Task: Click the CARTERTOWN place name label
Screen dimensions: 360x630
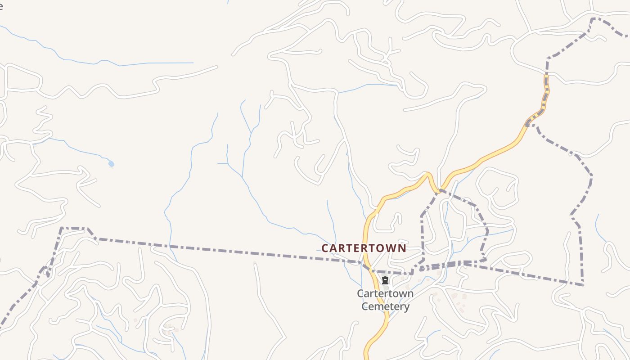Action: [x=364, y=248]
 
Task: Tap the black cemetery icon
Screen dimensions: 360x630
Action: [x=385, y=280]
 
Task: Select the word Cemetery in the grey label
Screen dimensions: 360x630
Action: [x=386, y=307]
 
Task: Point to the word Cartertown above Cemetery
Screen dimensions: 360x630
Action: [x=385, y=294]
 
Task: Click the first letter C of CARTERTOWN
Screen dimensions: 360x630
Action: [x=325, y=248]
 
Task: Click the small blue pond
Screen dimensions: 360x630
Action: [x=111, y=164]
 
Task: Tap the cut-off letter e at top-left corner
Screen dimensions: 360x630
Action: [x=1, y=6]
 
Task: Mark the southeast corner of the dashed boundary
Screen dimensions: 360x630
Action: [x=583, y=284]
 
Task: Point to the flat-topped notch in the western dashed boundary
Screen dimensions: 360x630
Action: [x=74, y=228]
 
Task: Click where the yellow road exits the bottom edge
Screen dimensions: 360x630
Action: [x=366, y=357]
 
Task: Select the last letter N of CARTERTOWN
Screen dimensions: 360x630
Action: [x=402, y=248]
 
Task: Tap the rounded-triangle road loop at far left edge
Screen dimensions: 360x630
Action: [x=22, y=81]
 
